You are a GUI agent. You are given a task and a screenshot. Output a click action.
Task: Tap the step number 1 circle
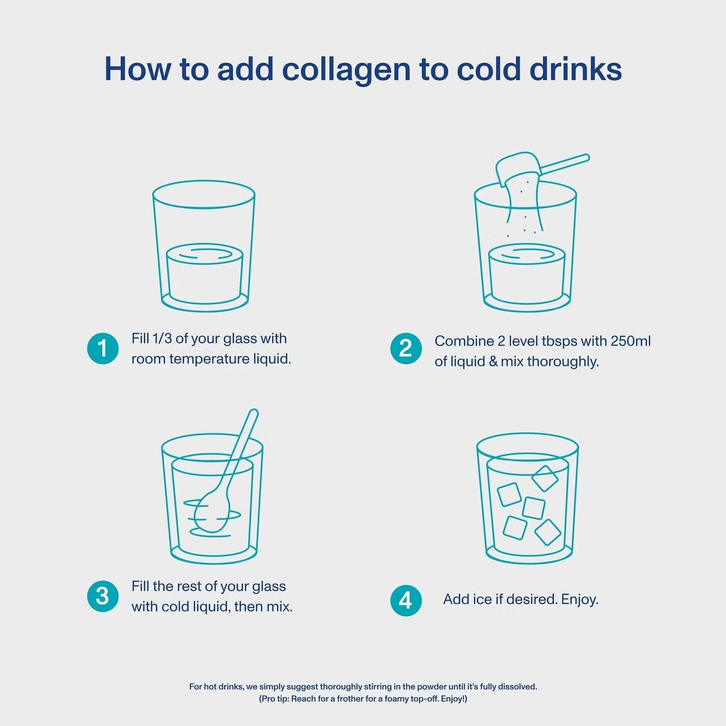(x=103, y=348)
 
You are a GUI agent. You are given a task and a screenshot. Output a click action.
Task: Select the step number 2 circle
(x=406, y=348)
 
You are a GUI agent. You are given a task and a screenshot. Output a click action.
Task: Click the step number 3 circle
(x=103, y=596)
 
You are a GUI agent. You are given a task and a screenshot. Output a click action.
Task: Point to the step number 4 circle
(x=406, y=601)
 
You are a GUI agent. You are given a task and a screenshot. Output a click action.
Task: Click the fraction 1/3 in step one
(x=162, y=338)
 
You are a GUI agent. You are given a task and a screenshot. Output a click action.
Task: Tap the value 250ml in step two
(x=631, y=341)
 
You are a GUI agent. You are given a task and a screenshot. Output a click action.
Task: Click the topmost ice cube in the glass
(x=545, y=478)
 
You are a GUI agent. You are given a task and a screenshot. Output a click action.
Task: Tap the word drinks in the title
(x=575, y=69)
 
